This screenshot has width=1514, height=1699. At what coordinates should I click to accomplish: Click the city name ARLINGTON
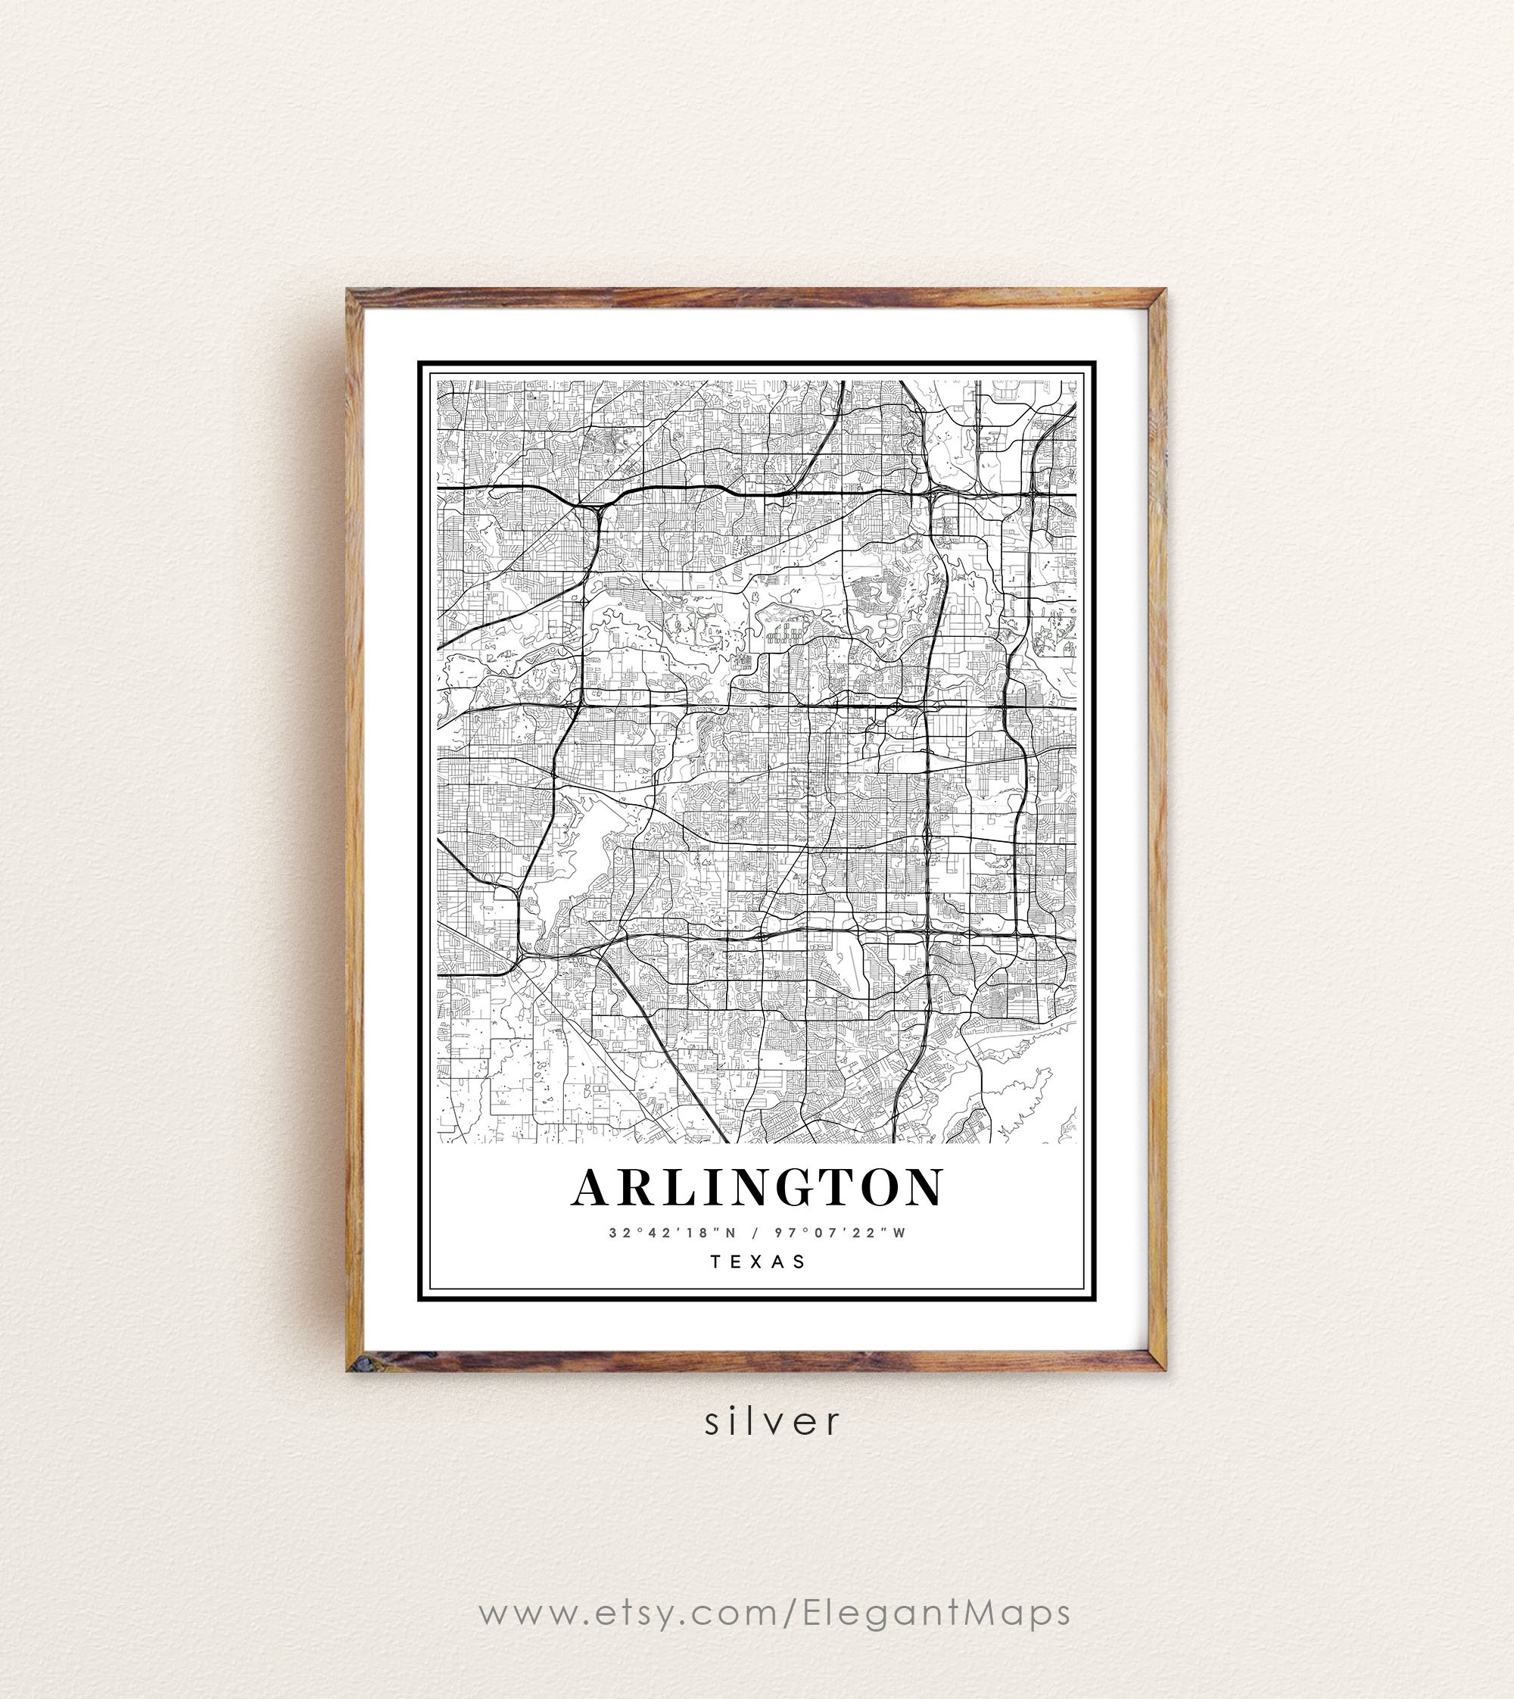click(x=757, y=1187)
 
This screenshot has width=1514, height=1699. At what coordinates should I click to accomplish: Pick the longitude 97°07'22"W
click(x=840, y=1233)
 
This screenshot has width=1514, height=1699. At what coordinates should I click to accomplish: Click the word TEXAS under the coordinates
click(x=758, y=1262)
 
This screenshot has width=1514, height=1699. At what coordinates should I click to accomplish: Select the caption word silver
click(x=773, y=1422)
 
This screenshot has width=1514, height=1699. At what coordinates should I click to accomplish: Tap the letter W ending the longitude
click(x=899, y=1233)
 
